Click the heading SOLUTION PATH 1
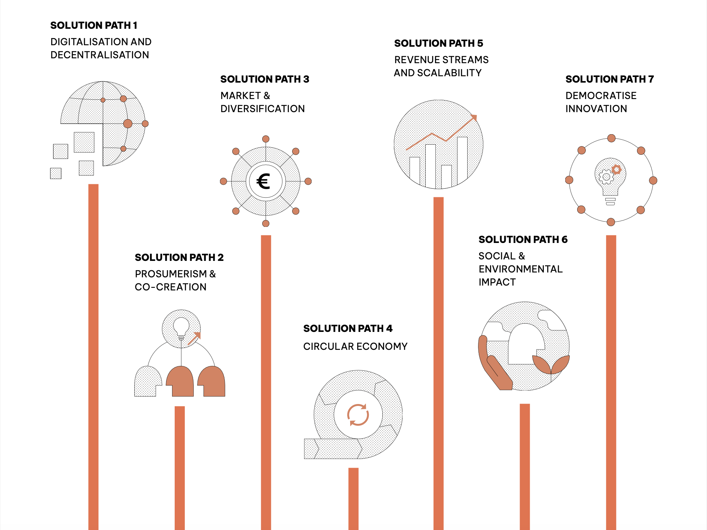[94, 25]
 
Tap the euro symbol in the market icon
[264, 182]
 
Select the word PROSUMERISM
[171, 274]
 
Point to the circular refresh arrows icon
[358, 415]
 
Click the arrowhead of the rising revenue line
[474, 117]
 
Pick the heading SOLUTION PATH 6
[523, 240]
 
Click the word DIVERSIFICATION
[263, 109]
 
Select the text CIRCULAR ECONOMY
[355, 346]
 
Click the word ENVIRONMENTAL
[520, 269]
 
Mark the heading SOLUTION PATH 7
[609, 79]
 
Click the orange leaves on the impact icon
[551, 364]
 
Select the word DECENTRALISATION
[100, 55]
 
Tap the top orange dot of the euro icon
[266, 139]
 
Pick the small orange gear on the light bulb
[616, 170]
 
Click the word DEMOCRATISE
[601, 96]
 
